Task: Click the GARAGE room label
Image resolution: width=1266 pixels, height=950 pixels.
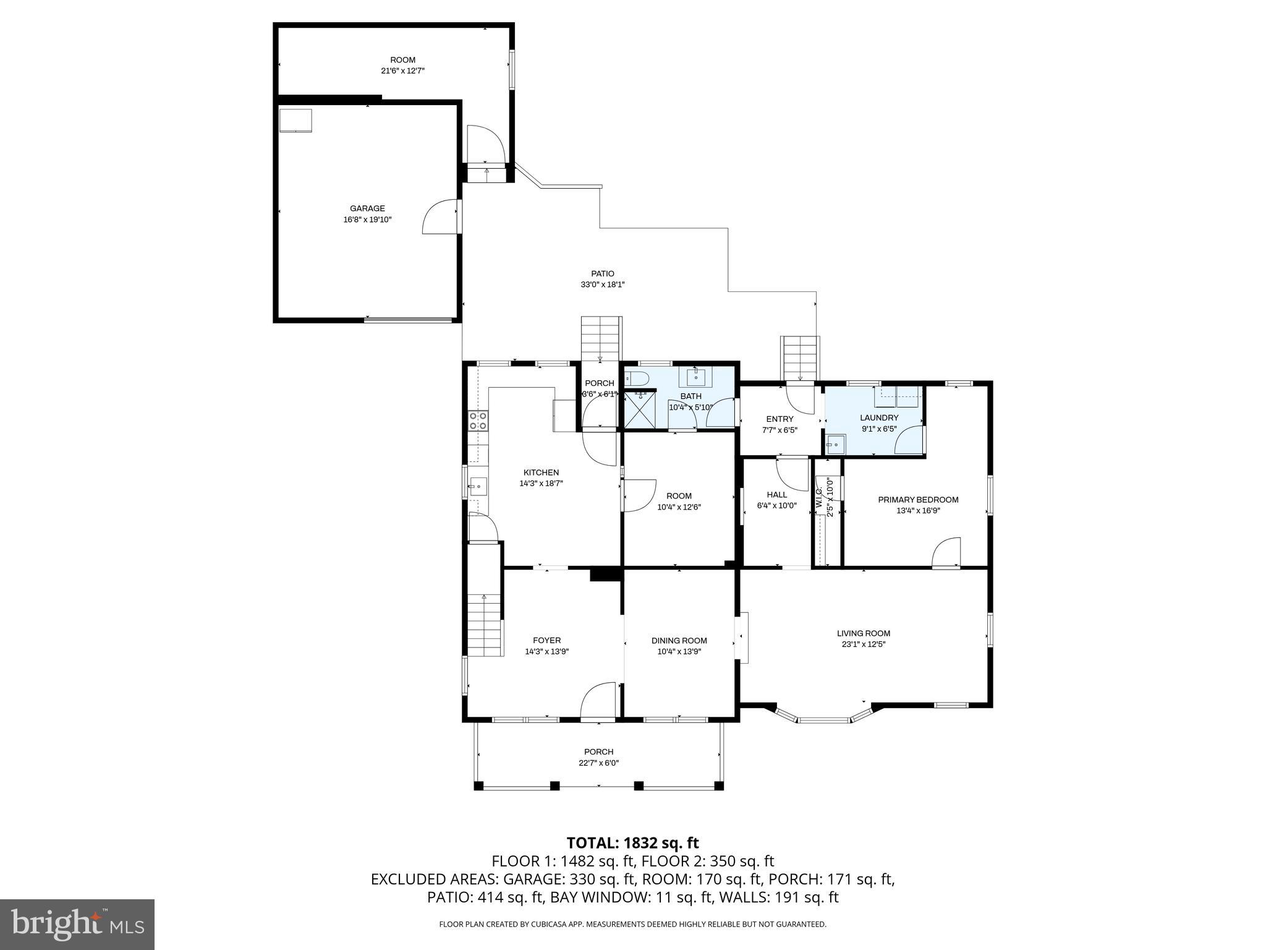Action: pyautogui.click(x=367, y=208)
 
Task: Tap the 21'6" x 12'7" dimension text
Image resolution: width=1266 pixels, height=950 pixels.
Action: pyautogui.click(x=402, y=71)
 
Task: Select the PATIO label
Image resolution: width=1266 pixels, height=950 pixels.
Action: pyautogui.click(x=602, y=273)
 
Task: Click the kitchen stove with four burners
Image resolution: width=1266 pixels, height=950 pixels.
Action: pyautogui.click(x=478, y=421)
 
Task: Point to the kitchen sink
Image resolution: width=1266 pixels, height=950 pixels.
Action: pyautogui.click(x=477, y=487)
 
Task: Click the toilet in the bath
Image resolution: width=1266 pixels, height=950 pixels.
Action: pyautogui.click(x=636, y=379)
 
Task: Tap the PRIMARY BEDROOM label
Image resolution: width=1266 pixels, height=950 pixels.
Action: pyautogui.click(x=918, y=500)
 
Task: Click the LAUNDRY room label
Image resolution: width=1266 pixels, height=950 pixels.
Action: pyautogui.click(x=878, y=417)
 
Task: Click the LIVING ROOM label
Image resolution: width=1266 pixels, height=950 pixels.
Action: pyautogui.click(x=863, y=633)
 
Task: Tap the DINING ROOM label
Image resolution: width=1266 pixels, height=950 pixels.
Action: pyautogui.click(x=679, y=641)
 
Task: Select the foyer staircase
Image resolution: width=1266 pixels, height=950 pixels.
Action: pyautogui.click(x=484, y=625)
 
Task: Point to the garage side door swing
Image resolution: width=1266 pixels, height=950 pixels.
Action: pyautogui.click(x=440, y=218)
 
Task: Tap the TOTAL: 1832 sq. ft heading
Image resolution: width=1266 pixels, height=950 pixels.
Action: pyautogui.click(x=632, y=843)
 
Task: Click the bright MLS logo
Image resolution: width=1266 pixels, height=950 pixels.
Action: pyautogui.click(x=77, y=925)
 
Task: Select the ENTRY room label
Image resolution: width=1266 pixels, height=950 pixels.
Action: pyautogui.click(x=779, y=419)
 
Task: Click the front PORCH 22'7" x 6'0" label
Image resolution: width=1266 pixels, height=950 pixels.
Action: pyautogui.click(x=598, y=757)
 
